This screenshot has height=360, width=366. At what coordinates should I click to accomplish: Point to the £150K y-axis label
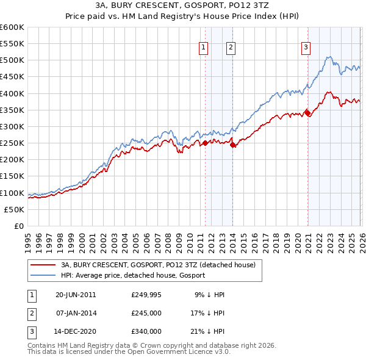click(12, 176)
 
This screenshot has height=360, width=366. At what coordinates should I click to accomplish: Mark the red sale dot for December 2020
click(307, 113)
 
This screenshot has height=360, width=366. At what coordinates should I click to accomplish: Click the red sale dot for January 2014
click(233, 145)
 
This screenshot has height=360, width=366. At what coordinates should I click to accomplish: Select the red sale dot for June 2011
click(206, 143)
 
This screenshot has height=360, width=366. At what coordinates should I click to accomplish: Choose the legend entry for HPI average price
click(132, 275)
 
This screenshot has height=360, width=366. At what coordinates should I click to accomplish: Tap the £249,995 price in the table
click(146, 294)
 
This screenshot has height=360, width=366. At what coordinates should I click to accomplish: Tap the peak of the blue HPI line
click(328, 57)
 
